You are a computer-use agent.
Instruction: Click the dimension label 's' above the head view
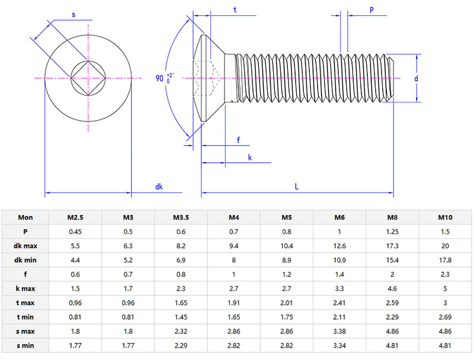tap(73, 15)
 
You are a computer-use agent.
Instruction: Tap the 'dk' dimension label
tap(159, 187)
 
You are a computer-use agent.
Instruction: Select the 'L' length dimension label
tap(296, 187)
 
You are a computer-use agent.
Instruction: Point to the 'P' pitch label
tap(371, 10)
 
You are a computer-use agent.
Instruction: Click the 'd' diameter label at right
tap(417, 78)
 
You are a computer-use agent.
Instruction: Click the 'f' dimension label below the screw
tap(238, 140)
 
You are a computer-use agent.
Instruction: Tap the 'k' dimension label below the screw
tap(249, 157)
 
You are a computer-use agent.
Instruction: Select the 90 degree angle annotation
tap(165, 78)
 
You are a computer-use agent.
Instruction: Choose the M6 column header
tap(340, 217)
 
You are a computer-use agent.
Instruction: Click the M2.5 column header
tap(75, 217)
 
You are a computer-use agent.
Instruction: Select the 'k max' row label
tap(25, 288)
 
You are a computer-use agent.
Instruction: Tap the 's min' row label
tap(25, 345)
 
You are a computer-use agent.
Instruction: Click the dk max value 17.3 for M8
tap(392, 246)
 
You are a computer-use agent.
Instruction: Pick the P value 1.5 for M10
tap(445, 232)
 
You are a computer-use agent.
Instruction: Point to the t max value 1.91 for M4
tap(234, 303)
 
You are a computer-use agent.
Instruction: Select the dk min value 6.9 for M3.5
tap(181, 260)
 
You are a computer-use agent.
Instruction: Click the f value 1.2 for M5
tap(287, 274)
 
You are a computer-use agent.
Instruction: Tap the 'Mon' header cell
tap(25, 217)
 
